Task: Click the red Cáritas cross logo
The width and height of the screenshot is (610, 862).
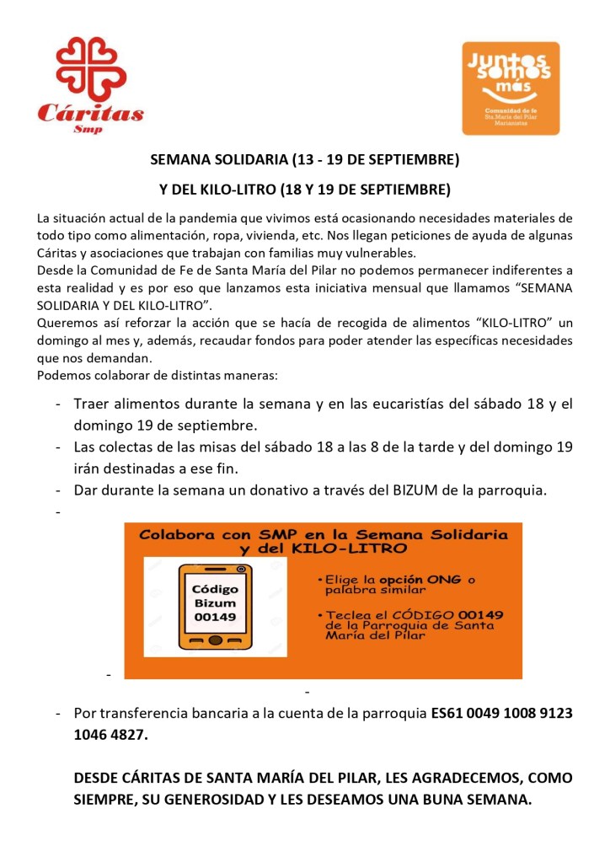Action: coord(90,68)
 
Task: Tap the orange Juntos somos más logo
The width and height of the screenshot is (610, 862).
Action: coord(511,88)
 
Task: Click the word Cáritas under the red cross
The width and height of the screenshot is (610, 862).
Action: coord(90,114)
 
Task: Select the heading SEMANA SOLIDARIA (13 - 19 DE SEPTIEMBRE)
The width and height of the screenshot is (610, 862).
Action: coord(304,158)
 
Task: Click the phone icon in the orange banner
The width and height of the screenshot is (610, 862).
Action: coord(216,606)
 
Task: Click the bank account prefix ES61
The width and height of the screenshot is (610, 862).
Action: coord(448,713)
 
